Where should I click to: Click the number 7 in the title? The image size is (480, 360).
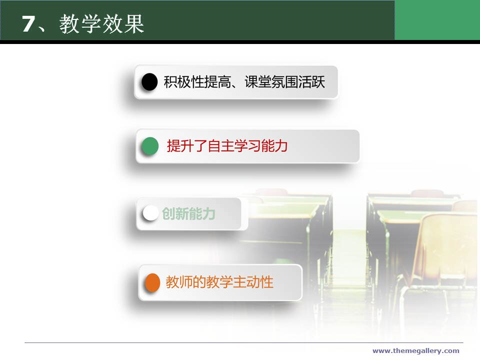coord(28,23)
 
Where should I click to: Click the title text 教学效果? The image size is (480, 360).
coord(101,23)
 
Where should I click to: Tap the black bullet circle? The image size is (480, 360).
coord(149,81)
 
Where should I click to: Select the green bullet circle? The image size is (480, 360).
coord(150,145)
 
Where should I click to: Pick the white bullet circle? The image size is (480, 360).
coord(150,213)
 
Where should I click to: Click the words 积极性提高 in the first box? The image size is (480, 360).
coord(197,82)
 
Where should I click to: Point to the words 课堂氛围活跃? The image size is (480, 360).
coord(284,82)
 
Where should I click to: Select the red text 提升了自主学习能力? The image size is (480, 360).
coord(227,145)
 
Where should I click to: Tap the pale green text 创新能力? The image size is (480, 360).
coord(188,213)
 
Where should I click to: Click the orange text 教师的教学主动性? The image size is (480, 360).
coord(219,282)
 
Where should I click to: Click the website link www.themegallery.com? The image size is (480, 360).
coord(415,351)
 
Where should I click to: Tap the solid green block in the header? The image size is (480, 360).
coord(437,20)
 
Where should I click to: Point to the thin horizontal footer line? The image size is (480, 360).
coord(243,342)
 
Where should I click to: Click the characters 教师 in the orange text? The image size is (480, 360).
coord(179,282)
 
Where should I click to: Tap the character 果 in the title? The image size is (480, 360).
coord(133,23)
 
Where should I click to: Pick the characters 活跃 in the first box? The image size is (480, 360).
coord(311,82)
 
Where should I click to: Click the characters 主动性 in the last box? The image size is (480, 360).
coord(253,282)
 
